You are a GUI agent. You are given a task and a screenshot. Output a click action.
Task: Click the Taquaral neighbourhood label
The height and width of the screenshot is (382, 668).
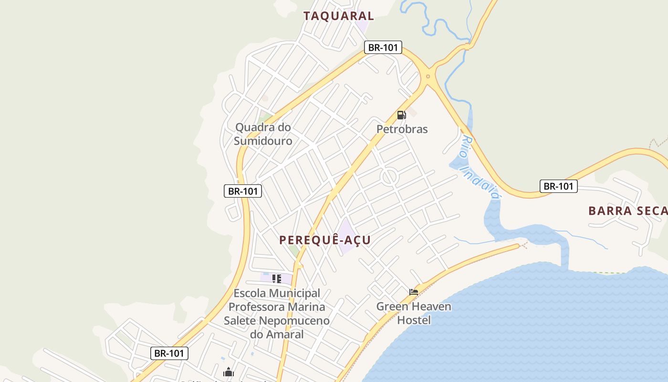pyautogui.click(x=338, y=16)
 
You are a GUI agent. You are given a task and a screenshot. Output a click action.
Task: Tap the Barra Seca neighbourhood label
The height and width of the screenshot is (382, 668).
pyautogui.click(x=627, y=211)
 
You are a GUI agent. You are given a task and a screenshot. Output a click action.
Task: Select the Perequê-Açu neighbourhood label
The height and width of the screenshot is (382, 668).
pyautogui.click(x=325, y=240)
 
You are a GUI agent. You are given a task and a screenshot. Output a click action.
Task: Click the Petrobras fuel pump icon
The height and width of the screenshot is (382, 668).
pyautogui.click(x=402, y=115)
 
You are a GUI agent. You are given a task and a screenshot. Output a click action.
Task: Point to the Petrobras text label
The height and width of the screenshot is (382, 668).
pyautogui.click(x=402, y=129)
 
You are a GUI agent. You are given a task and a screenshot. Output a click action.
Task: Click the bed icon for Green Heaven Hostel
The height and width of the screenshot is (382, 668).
pyautogui.click(x=414, y=292)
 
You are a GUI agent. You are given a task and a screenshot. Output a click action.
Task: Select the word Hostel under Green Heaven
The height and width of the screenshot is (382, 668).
pyautogui.click(x=414, y=320)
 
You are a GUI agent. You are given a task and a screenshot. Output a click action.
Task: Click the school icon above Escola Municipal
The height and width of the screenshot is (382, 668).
pyautogui.click(x=276, y=278)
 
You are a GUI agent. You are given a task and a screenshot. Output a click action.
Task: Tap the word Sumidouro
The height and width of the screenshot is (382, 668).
pyautogui.click(x=263, y=141)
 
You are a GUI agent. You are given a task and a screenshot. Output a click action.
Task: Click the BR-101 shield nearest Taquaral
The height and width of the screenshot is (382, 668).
pyautogui.click(x=383, y=48)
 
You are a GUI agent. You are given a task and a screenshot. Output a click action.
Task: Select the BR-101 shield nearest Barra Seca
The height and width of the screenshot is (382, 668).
pyautogui.click(x=558, y=186)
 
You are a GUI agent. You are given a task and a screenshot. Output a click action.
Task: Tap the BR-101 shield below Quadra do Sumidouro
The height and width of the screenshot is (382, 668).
pyautogui.click(x=243, y=191)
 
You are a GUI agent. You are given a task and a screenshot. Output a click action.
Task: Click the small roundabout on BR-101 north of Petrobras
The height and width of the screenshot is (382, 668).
pyautogui.click(x=428, y=76)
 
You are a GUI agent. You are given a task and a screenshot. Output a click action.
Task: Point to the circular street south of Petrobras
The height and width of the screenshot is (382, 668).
pyautogui.click(x=389, y=177)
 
